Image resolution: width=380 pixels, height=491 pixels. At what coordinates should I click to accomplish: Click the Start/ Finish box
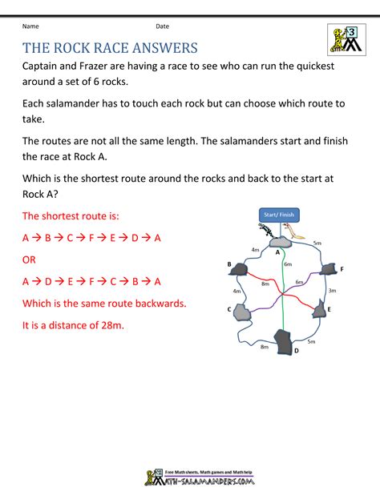[x=278, y=214]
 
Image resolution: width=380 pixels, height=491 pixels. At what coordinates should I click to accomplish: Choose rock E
[x=321, y=308]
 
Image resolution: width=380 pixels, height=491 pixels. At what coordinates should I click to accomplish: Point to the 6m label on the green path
[x=288, y=264]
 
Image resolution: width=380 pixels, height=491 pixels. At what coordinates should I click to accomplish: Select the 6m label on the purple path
[x=299, y=282]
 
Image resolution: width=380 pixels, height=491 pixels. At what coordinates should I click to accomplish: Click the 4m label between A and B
[x=255, y=250]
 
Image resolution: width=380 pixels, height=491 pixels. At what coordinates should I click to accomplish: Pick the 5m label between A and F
[x=317, y=243]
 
